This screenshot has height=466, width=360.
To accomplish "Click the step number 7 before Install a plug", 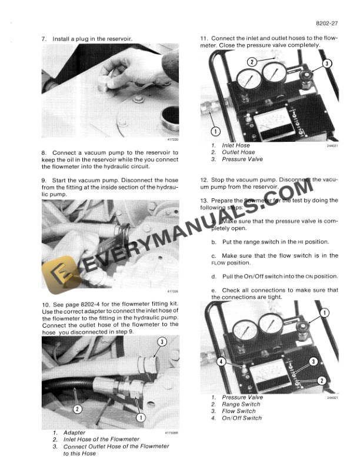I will point(44,38).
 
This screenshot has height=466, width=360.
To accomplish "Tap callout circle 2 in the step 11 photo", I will point(251,62).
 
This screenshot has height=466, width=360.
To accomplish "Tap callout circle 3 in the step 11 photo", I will point(328,63).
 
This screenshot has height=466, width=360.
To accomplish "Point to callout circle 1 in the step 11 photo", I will point(216,131).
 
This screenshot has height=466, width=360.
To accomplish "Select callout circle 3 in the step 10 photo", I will point(161,342).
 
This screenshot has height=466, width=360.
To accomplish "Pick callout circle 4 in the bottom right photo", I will point(221,362).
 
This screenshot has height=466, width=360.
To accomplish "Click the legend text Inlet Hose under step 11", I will point(235,145).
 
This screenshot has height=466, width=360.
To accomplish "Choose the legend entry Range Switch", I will point(241,404).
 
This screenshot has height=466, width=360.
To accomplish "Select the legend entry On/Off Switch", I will point(242,418).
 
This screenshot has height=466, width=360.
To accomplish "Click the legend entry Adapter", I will point(74,433).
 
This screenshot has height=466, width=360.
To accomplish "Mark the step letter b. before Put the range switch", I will point(214,242).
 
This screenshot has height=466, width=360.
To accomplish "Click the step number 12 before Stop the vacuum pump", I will point(204,179).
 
